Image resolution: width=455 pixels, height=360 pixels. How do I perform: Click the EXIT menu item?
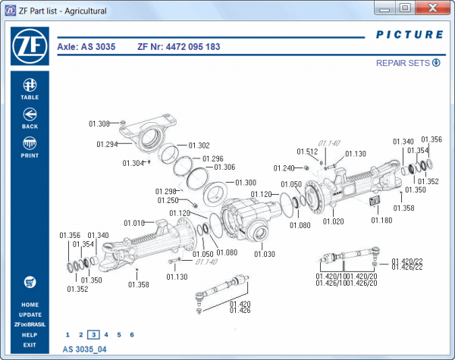coord(30,344)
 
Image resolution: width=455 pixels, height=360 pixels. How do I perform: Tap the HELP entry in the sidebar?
coord(30,334)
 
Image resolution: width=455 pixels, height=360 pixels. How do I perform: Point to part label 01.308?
coord(99,124)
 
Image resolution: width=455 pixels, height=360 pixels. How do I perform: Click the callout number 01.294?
coord(107,144)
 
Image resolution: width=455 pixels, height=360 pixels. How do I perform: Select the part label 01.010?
coord(133,223)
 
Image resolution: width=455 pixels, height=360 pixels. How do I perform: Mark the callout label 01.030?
coord(265,254)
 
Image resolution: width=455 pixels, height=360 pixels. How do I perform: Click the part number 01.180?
coord(381,220)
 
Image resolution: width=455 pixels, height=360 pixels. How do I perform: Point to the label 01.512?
coord(307,152)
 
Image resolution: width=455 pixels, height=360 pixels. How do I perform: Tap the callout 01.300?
coord(246,183)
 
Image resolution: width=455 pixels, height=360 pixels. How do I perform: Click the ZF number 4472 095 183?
coord(179,47)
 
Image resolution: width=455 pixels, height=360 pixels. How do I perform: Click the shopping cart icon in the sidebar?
coord(30,282)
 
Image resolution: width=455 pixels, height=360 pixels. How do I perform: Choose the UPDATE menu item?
coord(30,315)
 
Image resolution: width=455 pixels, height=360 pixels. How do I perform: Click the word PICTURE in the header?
coord(409,35)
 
